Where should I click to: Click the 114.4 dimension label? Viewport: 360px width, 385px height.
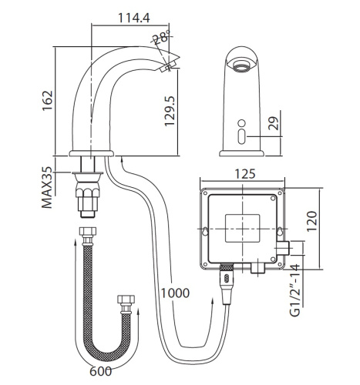(133, 18)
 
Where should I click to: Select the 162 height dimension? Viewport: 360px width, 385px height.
(48, 101)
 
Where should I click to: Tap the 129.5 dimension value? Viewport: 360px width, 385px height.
(170, 111)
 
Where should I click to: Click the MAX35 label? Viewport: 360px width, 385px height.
(47, 187)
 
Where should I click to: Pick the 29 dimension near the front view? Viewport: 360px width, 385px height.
(274, 123)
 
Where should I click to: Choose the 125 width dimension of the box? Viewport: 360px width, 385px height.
(245, 174)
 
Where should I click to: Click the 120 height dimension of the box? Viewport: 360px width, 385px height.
(311, 221)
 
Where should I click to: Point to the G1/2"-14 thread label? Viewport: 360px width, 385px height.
(295, 290)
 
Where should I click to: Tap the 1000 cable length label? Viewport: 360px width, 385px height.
(175, 293)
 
